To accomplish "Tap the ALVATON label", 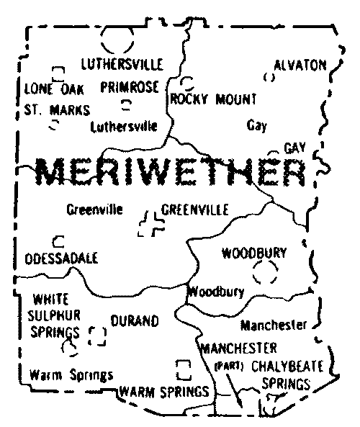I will click(300, 64).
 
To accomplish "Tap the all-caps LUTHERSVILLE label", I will click(122, 63).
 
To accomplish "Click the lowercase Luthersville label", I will click(124, 127).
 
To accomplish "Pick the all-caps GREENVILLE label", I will click(195, 210).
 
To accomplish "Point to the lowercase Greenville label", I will click(94, 210).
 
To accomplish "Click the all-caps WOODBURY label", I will click(254, 253).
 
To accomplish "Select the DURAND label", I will click(134, 321).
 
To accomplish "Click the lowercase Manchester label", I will click(274, 325).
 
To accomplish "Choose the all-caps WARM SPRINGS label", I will click(165, 392).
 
